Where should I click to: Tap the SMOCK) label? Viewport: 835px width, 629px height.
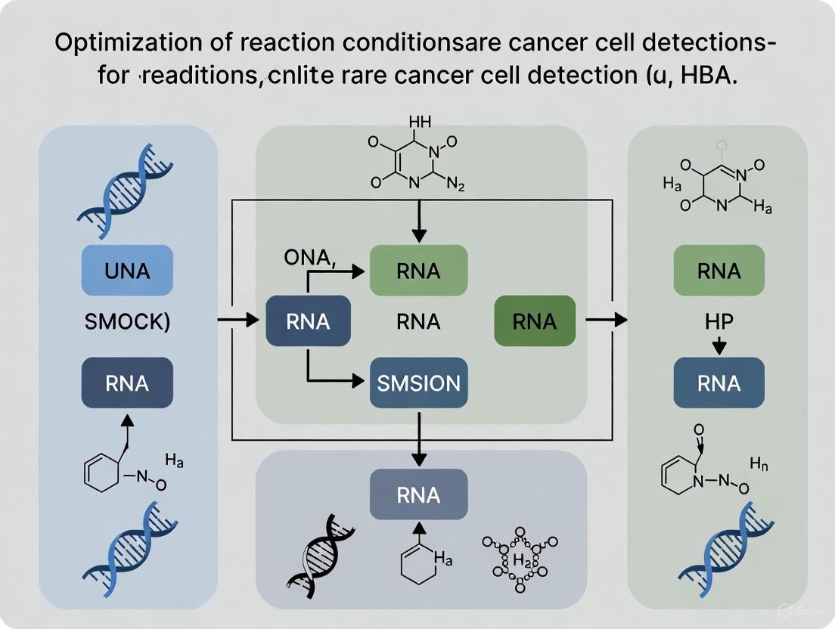[127, 321]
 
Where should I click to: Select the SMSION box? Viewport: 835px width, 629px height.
[418, 383]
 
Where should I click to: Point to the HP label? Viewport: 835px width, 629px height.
[719, 321]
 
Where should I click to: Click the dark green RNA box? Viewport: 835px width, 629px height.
[534, 321]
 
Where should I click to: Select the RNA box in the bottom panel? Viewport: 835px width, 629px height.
[418, 495]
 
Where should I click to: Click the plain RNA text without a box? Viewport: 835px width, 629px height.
[418, 321]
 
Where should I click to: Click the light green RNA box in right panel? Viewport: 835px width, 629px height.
[719, 271]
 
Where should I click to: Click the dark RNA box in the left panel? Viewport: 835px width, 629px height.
[127, 383]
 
